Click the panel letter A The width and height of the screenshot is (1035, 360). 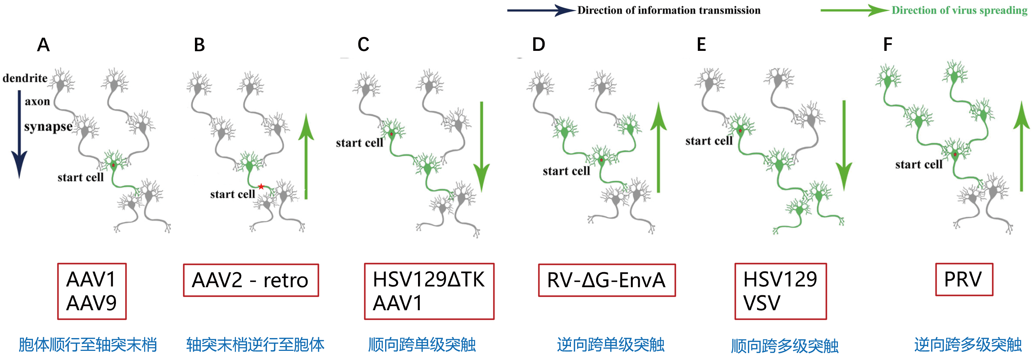[x=44, y=45]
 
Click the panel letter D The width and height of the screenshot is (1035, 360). [x=538, y=44]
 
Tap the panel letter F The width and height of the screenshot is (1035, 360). [x=888, y=44]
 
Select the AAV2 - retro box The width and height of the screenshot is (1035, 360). [x=251, y=280]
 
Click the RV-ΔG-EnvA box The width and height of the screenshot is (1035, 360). [x=607, y=280]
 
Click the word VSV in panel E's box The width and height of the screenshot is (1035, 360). [x=762, y=303]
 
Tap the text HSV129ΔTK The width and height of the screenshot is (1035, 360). [x=429, y=279]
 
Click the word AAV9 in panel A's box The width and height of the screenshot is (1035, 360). [x=91, y=303]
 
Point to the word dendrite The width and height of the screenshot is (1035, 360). [x=25, y=78]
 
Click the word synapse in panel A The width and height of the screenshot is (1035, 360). [x=48, y=127]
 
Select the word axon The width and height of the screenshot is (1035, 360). [x=37, y=101]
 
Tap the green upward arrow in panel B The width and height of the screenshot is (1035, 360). [x=306, y=157]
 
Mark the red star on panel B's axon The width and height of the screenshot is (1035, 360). [x=261, y=187]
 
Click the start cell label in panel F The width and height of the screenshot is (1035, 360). [x=918, y=164]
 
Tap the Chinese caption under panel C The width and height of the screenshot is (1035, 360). [x=422, y=345]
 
